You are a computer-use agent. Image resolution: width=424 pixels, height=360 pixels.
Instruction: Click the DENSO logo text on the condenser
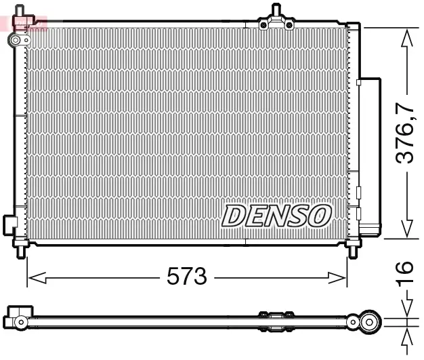[276, 216]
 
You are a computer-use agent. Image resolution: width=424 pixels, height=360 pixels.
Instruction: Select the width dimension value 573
[186, 277]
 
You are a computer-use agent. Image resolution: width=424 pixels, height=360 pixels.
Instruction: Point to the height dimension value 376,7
[405, 133]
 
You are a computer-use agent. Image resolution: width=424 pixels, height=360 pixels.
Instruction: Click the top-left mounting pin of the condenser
[22, 12]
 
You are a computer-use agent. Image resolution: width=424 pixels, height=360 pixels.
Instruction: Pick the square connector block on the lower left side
[9, 224]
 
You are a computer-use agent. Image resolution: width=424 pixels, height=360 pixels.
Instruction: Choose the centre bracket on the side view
[276, 316]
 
